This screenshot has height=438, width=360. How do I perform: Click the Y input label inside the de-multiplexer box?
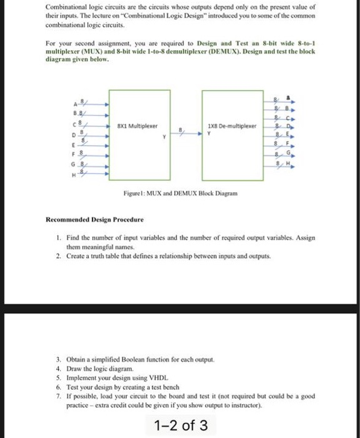[208, 133]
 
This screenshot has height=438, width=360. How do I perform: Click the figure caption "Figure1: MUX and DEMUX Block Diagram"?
[182, 193]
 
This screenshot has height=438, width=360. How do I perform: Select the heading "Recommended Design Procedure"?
[94, 220]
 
